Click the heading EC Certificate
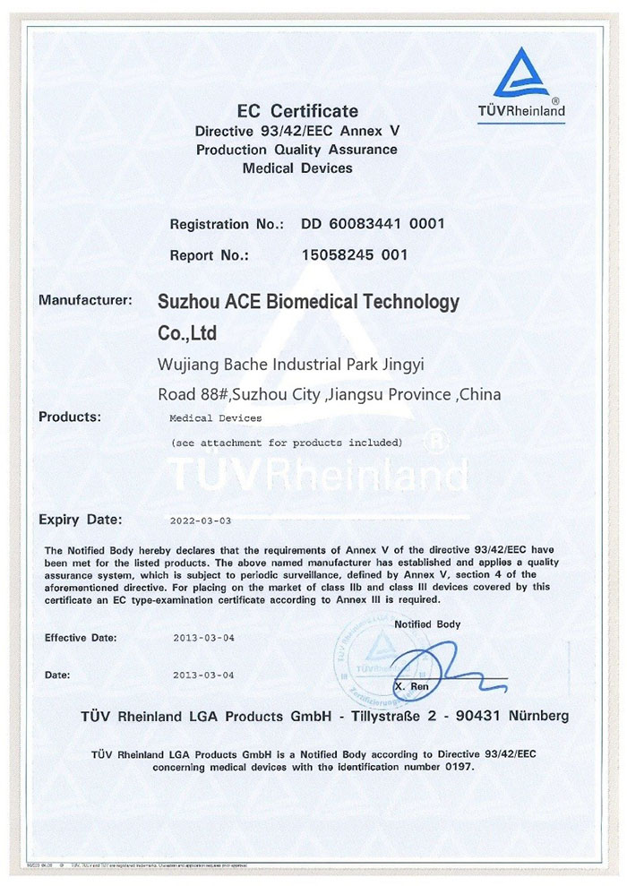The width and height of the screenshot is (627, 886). click(297, 111)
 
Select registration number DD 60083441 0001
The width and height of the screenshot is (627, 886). click(373, 224)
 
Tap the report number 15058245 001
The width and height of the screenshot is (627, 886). click(356, 254)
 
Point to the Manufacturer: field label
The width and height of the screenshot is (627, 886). click(86, 300)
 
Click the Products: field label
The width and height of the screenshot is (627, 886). click(70, 417)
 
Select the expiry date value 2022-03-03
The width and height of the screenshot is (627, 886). click(200, 520)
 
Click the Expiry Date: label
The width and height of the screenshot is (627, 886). click(81, 519)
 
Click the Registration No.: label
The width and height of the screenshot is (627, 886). click(227, 224)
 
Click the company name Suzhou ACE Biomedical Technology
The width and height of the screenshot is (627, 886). click(308, 303)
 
